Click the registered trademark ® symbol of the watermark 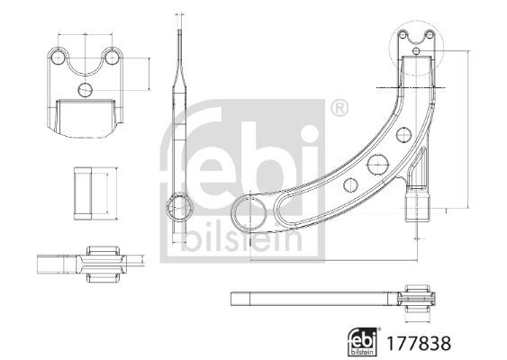pos(340,109)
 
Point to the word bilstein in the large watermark pos(246,236)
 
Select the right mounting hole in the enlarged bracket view pos(112,57)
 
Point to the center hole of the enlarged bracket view pos(86,89)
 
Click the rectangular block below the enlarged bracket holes pos(86,115)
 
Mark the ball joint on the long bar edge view pos(419,299)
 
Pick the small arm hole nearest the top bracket pos(402,136)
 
